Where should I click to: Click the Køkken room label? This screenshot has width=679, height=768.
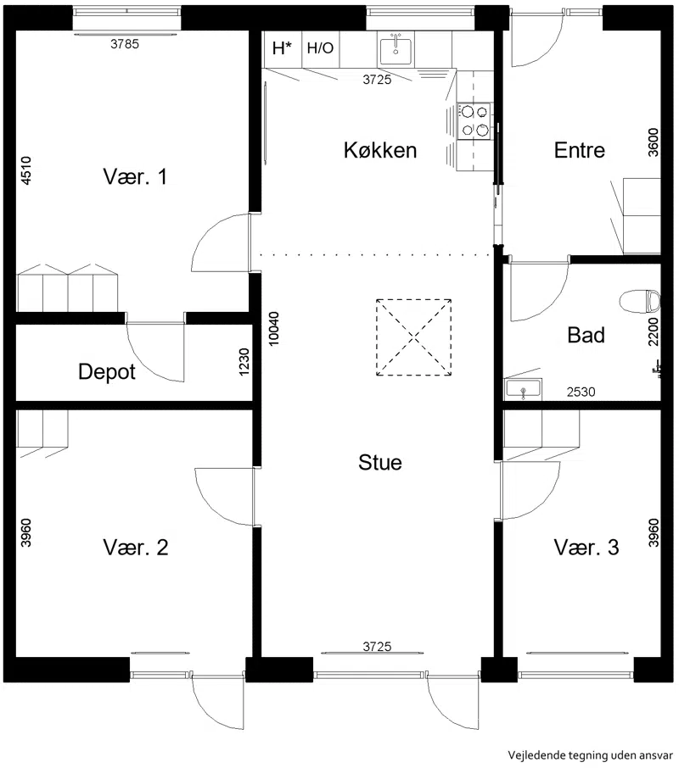380,150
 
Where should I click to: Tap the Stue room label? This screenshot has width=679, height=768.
380,462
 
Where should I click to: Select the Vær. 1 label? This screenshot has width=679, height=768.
135,176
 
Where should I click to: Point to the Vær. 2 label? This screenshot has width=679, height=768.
135,547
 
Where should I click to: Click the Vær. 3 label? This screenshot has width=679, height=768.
586,547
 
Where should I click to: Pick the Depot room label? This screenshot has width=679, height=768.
107,372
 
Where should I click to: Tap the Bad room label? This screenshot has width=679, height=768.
586,335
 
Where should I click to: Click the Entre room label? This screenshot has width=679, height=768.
580,150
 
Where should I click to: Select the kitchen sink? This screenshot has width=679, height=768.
396,49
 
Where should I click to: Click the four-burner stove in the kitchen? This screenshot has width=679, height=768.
474,121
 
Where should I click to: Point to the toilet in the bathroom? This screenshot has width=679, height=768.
640,301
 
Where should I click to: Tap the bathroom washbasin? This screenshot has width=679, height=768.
524,389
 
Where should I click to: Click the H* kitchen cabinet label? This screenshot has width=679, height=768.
282,48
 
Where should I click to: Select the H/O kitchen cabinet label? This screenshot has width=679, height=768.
320,48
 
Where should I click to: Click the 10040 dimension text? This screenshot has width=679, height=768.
274,329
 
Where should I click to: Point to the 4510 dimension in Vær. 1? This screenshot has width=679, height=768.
26,170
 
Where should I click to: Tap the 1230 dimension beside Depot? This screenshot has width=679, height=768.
244,362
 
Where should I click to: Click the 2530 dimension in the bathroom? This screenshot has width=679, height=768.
581,392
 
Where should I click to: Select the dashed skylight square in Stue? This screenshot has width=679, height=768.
414,337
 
